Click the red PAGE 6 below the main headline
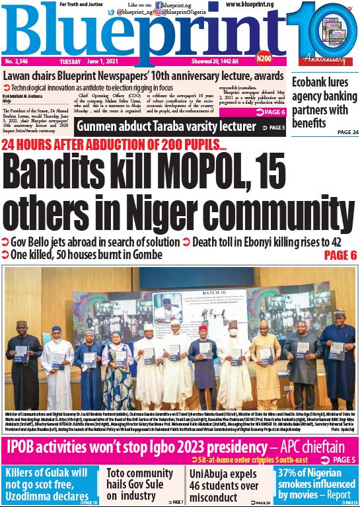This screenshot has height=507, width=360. (340, 254)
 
